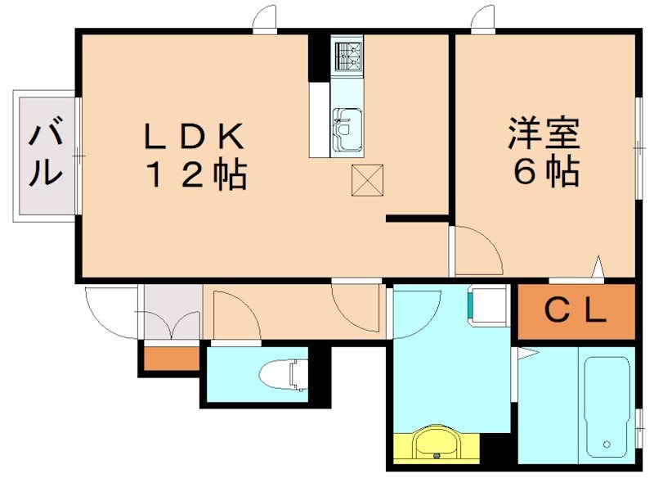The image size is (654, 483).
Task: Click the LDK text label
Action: click(x=194, y=136)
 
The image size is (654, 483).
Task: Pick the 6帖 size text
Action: click(x=545, y=173)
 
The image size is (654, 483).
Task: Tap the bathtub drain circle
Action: click(x=607, y=445)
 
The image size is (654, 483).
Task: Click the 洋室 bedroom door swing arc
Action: click(x=478, y=250)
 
